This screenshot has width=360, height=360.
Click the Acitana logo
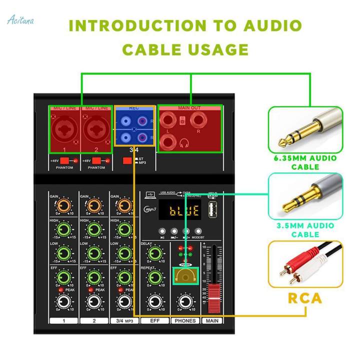click(20, 20)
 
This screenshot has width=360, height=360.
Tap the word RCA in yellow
click(304, 298)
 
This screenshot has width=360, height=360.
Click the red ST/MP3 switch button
click(127, 160)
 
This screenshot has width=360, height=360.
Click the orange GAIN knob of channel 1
click(63, 205)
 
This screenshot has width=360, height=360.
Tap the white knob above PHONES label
click(185, 301)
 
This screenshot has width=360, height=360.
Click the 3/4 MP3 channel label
click(123, 320)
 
